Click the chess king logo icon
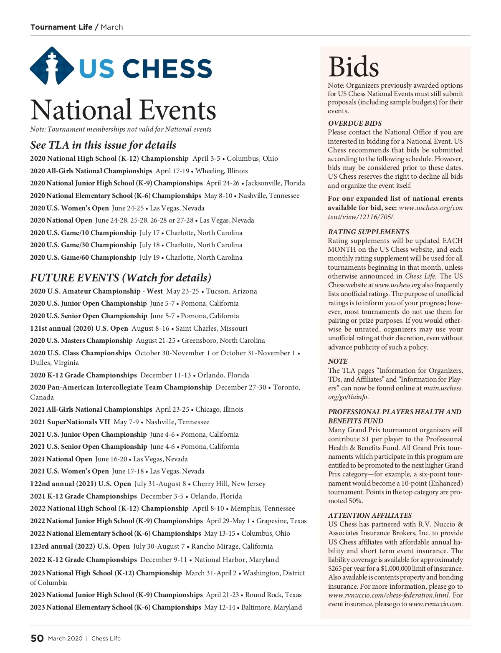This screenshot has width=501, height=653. click(52, 66)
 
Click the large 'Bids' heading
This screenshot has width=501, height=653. click(353, 67)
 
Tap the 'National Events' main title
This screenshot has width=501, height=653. click(123, 110)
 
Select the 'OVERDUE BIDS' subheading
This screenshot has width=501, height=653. click(355, 123)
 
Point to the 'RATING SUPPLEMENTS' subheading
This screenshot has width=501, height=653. click(369, 232)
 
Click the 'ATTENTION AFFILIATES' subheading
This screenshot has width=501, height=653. click(370, 515)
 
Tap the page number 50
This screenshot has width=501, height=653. click(37, 638)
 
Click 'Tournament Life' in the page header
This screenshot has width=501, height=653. click(61, 27)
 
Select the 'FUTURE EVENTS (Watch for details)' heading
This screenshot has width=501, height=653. click(121, 278)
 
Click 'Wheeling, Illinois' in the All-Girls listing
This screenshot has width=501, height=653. click(221, 171)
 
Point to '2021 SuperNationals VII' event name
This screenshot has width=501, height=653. click(70, 422)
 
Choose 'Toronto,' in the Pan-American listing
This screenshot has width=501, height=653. click(286, 387)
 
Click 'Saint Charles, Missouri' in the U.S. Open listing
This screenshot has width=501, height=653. click(211, 328)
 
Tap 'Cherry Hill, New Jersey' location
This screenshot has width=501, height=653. click(229, 483)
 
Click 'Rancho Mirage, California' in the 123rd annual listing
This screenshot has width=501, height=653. click(232, 546)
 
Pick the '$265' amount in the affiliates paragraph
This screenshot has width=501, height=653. click(335, 568)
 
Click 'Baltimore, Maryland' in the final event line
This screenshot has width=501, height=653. click(271, 607)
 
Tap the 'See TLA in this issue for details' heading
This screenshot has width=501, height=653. click(103, 145)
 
